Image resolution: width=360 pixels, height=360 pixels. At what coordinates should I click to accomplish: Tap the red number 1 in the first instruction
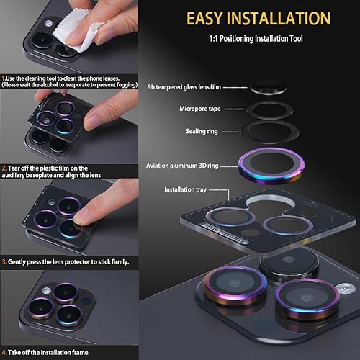3,77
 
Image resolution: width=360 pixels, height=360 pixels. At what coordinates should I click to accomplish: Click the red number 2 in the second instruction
3,167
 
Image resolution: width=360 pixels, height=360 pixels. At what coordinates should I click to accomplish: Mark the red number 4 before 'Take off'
3,352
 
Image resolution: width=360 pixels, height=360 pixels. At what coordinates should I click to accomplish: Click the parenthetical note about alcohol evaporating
68,85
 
